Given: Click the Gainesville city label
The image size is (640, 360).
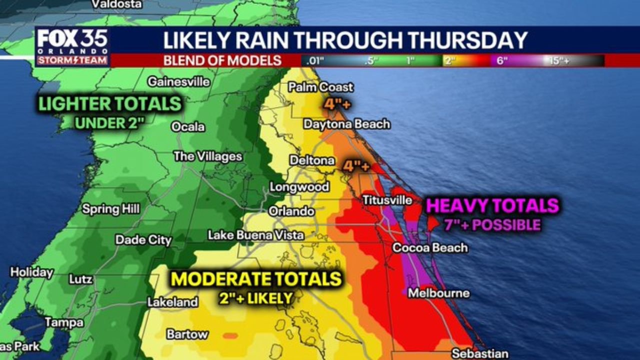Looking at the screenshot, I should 178,82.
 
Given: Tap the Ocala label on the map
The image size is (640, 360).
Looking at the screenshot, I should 188,127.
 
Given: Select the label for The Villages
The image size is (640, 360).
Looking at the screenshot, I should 207,156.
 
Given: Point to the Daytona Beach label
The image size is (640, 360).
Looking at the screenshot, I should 346,124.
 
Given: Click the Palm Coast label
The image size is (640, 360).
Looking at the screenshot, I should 320,87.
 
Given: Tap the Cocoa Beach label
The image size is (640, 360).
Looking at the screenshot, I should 430,247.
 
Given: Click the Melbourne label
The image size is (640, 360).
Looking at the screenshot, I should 438,293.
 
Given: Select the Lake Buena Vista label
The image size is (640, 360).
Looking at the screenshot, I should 255,235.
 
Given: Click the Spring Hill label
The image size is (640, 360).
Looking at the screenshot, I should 111,209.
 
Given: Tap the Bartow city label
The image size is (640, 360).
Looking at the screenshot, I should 187,334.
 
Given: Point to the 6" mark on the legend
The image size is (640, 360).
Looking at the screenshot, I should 502,61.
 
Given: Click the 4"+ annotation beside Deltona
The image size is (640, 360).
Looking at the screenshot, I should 356,165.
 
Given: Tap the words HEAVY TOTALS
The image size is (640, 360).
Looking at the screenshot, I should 492,206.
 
